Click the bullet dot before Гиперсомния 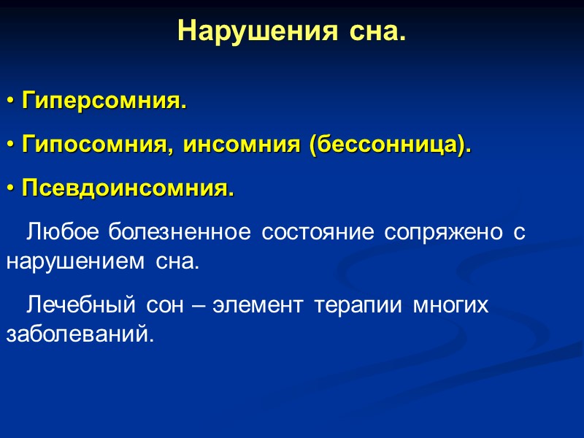click(10, 101)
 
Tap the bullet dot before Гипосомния click(10, 146)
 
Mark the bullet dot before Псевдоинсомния click(10, 190)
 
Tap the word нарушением click(77, 261)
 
